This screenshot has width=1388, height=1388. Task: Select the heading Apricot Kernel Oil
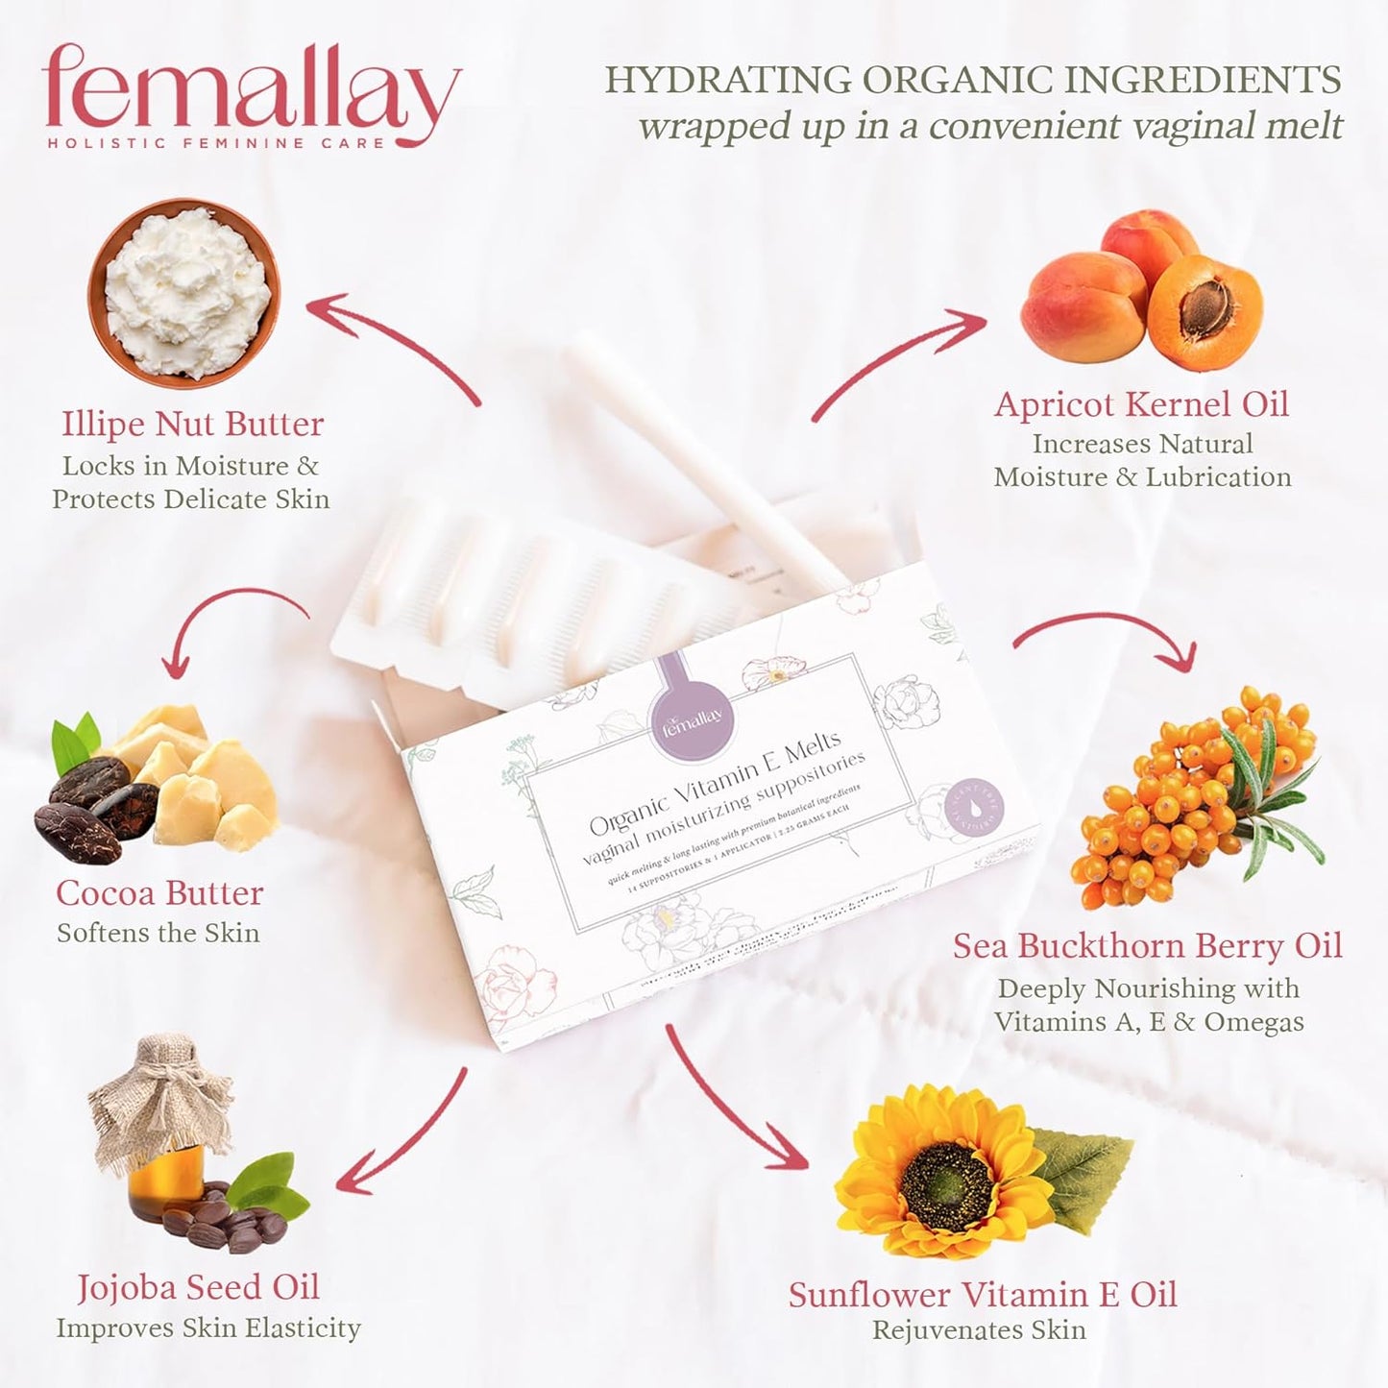point(1141,404)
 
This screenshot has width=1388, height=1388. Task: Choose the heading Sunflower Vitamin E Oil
point(982,1295)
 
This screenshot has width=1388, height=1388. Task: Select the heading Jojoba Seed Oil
point(198,1287)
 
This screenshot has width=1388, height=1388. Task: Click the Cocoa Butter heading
point(159,893)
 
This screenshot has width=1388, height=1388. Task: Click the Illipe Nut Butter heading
point(192,424)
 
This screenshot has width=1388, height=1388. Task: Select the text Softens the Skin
point(158,934)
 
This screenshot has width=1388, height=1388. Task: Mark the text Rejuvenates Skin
point(979,1330)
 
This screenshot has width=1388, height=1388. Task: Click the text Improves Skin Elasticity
point(208,1328)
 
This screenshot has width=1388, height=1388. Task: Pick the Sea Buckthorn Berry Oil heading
point(1147,946)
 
